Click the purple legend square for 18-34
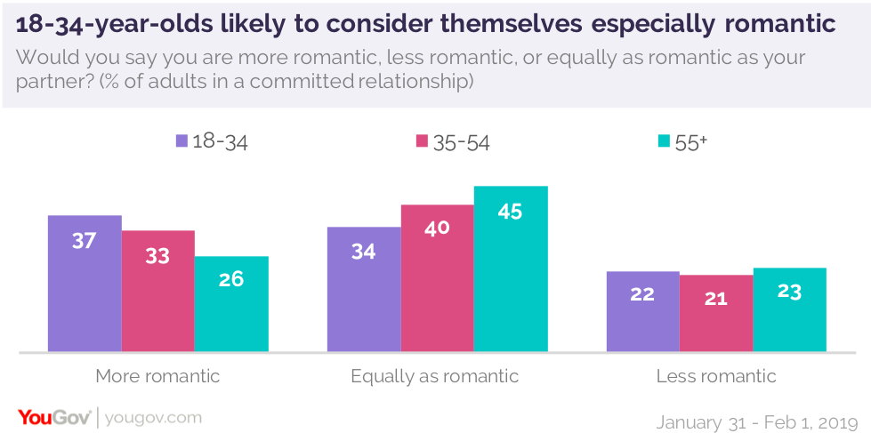coord(182,141)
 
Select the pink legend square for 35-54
coord(422,141)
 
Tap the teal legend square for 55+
coord(661,141)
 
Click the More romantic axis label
coord(157,376)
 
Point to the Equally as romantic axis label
coord(435,376)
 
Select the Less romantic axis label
coord(716,376)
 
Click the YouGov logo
coord(54,417)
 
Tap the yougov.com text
coord(153,417)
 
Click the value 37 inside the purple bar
coord(84,240)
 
